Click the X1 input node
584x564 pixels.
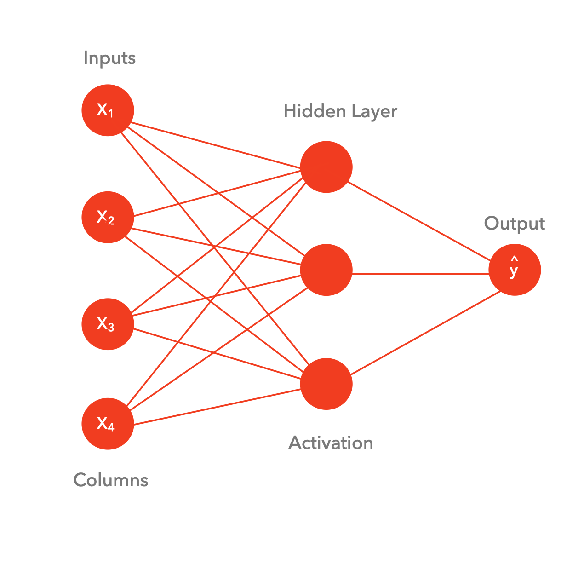[x=108, y=110]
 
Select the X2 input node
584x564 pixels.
[x=108, y=217]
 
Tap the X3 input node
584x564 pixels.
[x=108, y=324]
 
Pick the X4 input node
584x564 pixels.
[x=108, y=424]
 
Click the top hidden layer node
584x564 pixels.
[x=326, y=167]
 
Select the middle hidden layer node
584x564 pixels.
[x=326, y=270]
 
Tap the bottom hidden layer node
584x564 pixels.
[x=326, y=384]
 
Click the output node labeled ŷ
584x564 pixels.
[x=515, y=270]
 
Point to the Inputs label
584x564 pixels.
[x=109, y=58]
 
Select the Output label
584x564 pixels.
[x=514, y=224]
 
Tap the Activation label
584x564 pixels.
[x=331, y=443]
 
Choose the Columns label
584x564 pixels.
[x=111, y=480]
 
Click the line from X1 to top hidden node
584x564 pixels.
[x=216, y=146]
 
